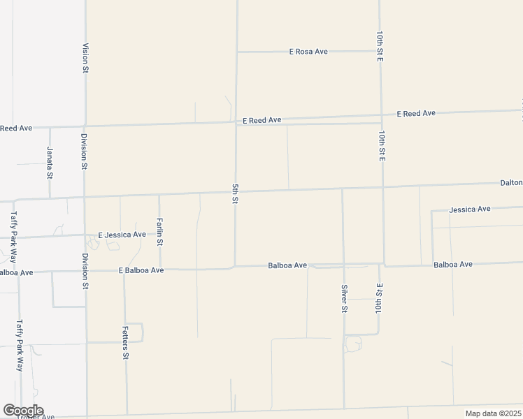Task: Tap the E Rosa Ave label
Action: point(308,52)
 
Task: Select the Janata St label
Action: point(50,162)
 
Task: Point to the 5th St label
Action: point(236,194)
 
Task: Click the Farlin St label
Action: point(160,232)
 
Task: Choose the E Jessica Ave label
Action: point(122,235)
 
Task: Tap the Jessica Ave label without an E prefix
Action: point(470,209)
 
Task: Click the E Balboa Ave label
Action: point(141,270)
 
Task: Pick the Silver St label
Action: point(344,298)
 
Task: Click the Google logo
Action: point(23,411)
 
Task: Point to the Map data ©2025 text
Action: point(493,413)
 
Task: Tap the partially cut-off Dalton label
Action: point(511,182)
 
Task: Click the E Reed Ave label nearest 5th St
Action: point(261,120)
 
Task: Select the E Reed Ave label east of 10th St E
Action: point(416,113)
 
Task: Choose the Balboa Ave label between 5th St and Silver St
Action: point(287,265)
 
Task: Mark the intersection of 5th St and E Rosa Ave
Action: point(237,52)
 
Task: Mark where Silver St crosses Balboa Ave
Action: point(343,265)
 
